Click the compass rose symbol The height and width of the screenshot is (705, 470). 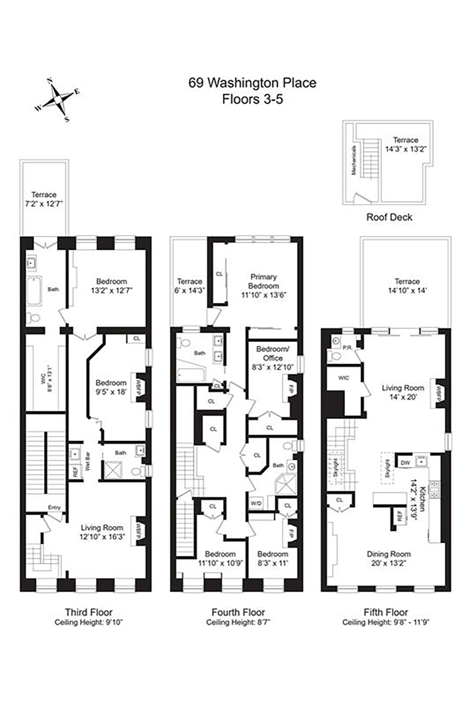click(x=57, y=100)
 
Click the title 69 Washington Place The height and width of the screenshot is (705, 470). click(x=252, y=83)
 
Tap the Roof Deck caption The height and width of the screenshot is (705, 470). click(x=389, y=217)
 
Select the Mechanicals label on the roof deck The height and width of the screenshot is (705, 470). click(x=354, y=160)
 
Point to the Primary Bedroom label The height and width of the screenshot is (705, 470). click(x=263, y=281)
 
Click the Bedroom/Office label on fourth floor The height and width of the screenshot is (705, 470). click(x=273, y=353)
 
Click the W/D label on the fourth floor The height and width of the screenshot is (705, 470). click(x=255, y=503)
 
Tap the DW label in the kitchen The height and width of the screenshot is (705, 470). click(x=405, y=463)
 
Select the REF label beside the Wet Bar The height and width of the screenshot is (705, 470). click(x=75, y=473)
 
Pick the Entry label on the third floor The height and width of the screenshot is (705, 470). click(x=54, y=508)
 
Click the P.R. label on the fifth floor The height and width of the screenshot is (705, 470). click(x=347, y=347)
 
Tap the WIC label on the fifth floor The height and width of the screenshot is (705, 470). click(x=343, y=378)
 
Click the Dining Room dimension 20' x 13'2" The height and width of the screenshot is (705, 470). click(x=389, y=564)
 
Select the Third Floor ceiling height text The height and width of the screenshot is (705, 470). click(x=89, y=622)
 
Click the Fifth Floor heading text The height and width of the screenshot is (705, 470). click(x=386, y=612)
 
